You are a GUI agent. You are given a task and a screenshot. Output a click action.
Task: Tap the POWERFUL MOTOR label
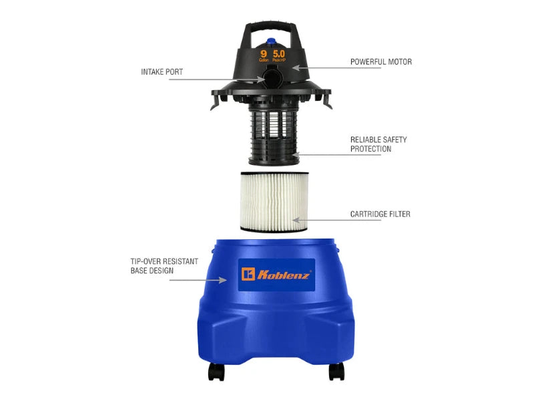click(x=381, y=62)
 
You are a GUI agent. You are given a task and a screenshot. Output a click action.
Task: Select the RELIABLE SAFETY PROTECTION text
click(x=378, y=144)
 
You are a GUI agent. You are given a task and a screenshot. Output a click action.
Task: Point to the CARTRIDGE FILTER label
click(x=380, y=215)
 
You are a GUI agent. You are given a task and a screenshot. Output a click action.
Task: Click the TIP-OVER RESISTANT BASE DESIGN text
click(x=164, y=266)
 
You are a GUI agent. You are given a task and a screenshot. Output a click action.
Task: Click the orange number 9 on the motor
click(x=264, y=53)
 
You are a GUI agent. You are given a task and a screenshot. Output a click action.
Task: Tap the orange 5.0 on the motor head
click(x=279, y=53)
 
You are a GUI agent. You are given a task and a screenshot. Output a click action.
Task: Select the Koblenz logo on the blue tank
click(x=276, y=275)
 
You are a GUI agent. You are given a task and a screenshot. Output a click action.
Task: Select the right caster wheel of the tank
click(x=335, y=371)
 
